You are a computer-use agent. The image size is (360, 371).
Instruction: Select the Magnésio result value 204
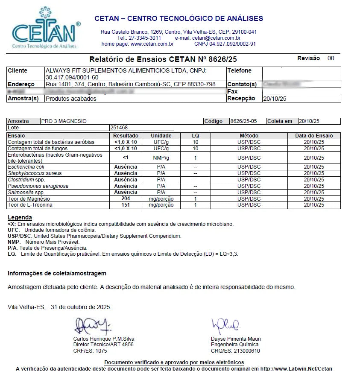[126, 199]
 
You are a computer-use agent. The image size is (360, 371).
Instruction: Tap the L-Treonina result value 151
[126, 205]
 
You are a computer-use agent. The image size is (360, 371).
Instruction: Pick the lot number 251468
[119, 128]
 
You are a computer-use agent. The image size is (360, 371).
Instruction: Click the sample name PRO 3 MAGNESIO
[64, 121]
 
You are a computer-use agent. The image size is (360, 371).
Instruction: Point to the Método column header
[249, 136]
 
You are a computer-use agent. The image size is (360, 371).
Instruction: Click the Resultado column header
[126, 136]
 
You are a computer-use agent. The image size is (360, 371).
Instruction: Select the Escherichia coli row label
[26, 167]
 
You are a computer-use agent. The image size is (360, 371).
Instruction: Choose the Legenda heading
[20, 218]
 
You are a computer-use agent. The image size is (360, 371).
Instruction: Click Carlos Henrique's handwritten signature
[92, 327]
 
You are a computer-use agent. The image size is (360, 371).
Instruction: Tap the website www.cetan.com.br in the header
[152, 44]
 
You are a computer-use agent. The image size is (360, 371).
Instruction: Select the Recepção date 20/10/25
[275, 99]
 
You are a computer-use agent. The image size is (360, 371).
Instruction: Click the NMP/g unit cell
[161, 158]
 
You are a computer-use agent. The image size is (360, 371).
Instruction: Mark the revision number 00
[331, 58]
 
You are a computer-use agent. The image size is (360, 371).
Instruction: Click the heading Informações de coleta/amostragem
[57, 273]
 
